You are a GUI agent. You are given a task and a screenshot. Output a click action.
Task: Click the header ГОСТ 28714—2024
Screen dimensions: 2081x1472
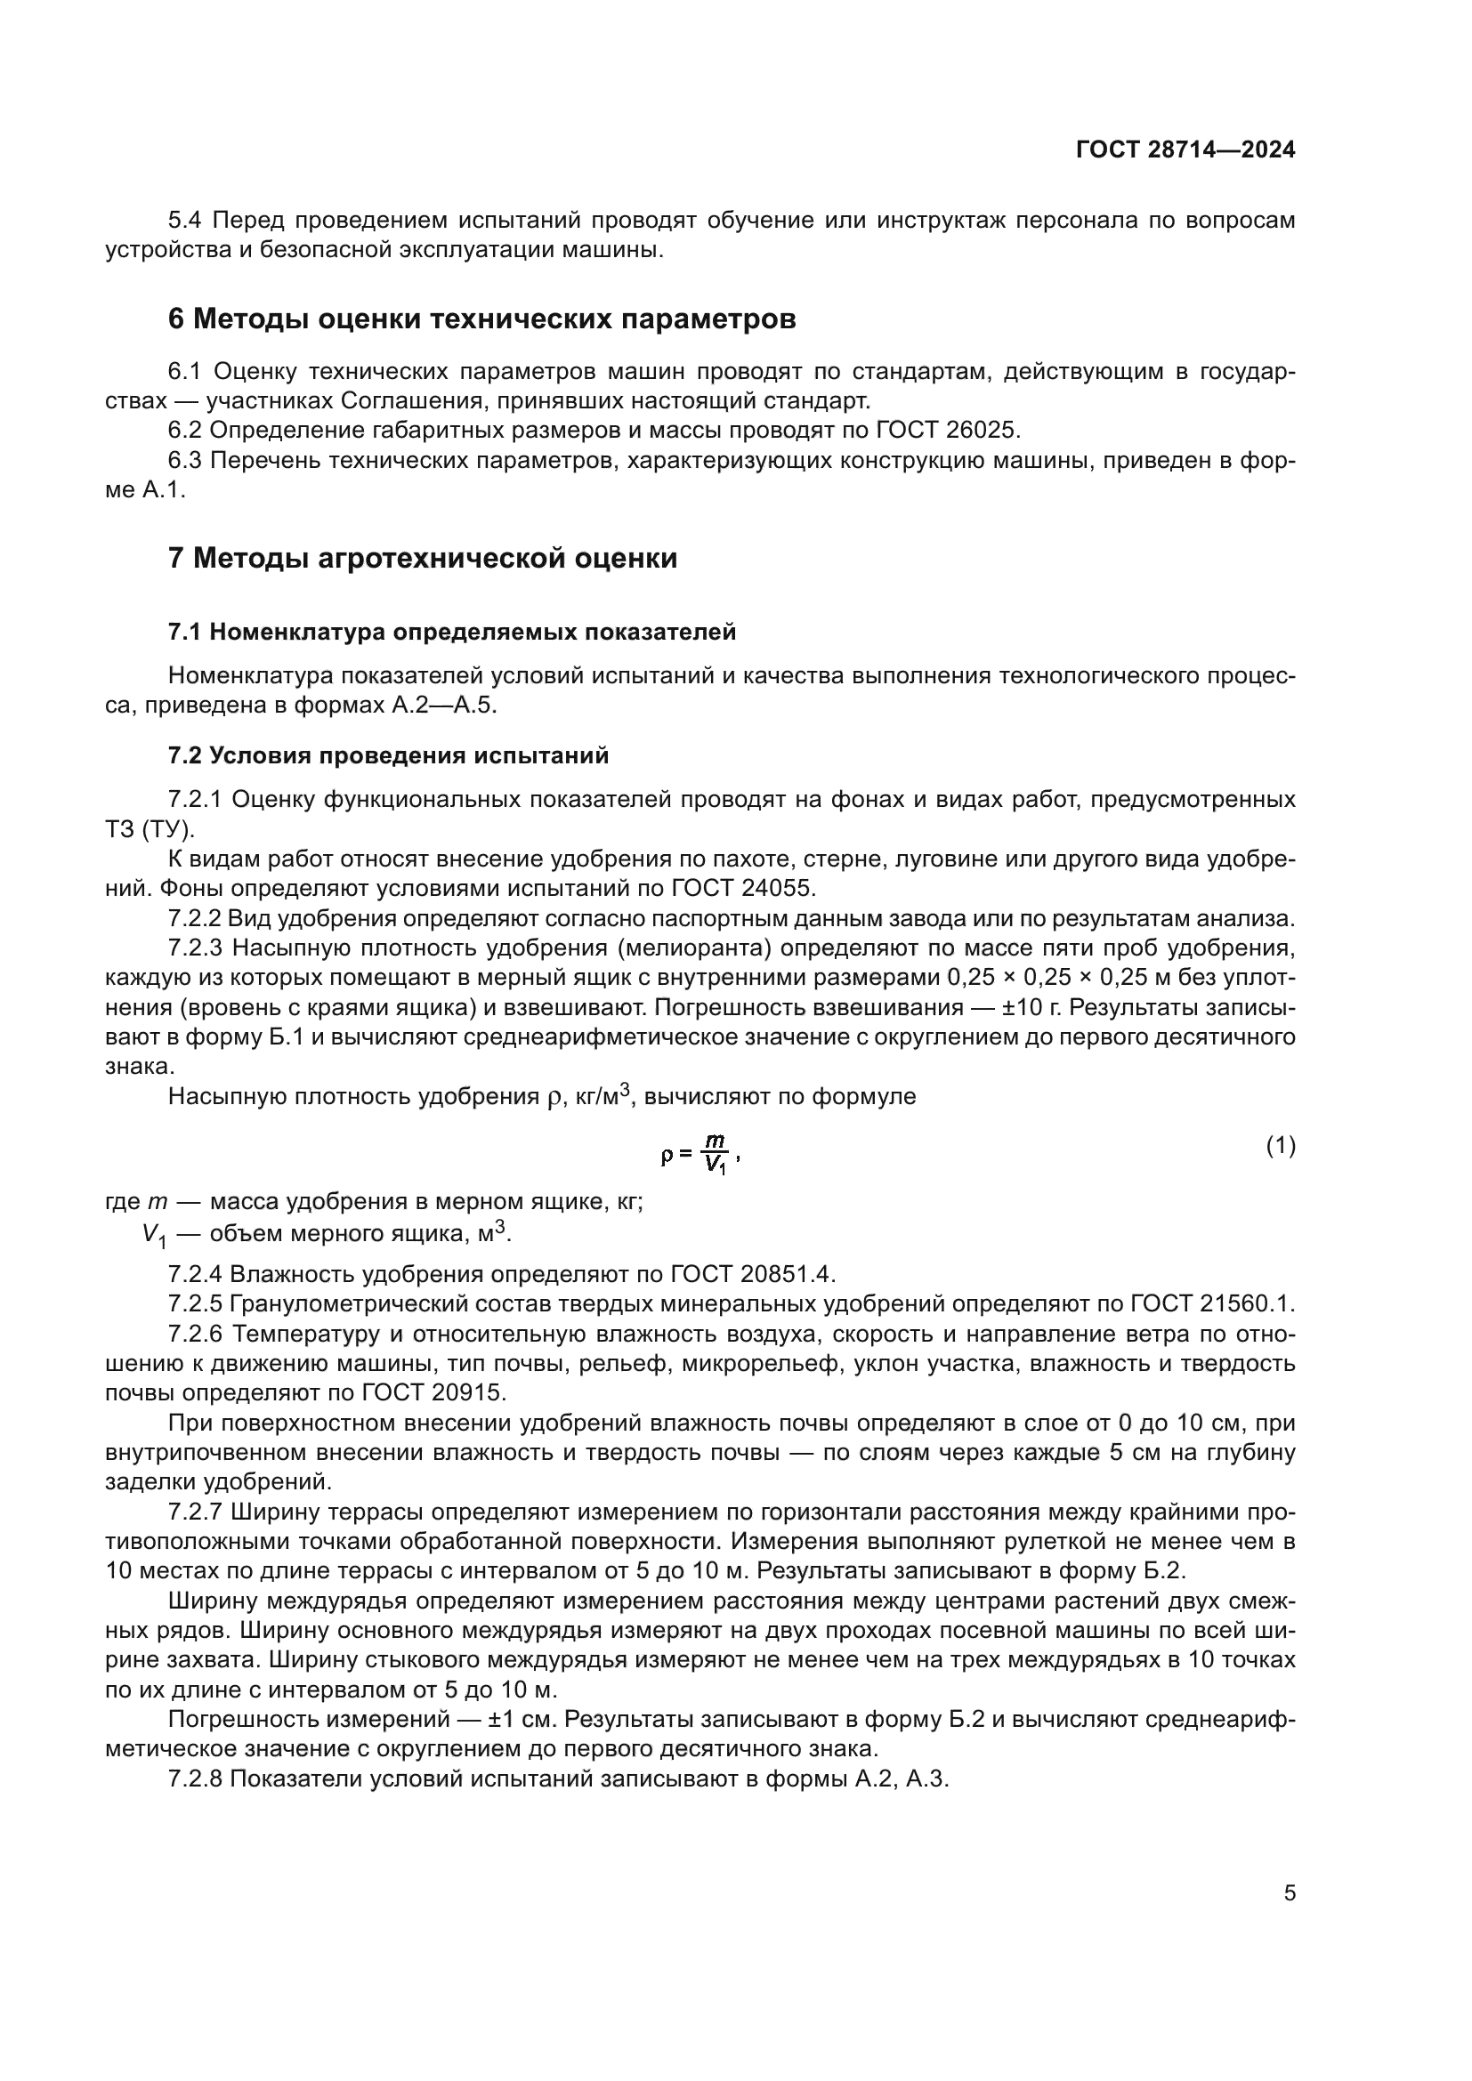[1185, 149]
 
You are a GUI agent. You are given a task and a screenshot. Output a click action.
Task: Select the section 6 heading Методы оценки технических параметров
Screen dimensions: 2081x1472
[481, 319]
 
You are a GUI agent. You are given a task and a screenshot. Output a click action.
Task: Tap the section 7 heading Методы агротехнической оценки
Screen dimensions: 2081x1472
[423, 558]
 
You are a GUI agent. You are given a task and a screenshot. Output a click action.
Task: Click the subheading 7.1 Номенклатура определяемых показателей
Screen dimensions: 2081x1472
[451, 632]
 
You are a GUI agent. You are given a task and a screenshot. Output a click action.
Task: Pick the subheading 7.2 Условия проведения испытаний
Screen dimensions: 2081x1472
[388, 755]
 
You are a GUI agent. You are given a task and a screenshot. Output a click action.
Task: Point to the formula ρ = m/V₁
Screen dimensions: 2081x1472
[700, 1154]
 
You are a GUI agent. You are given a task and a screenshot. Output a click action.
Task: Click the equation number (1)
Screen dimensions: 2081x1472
[1280, 1146]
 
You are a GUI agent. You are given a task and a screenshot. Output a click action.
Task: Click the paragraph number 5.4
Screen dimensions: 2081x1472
[188, 221]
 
